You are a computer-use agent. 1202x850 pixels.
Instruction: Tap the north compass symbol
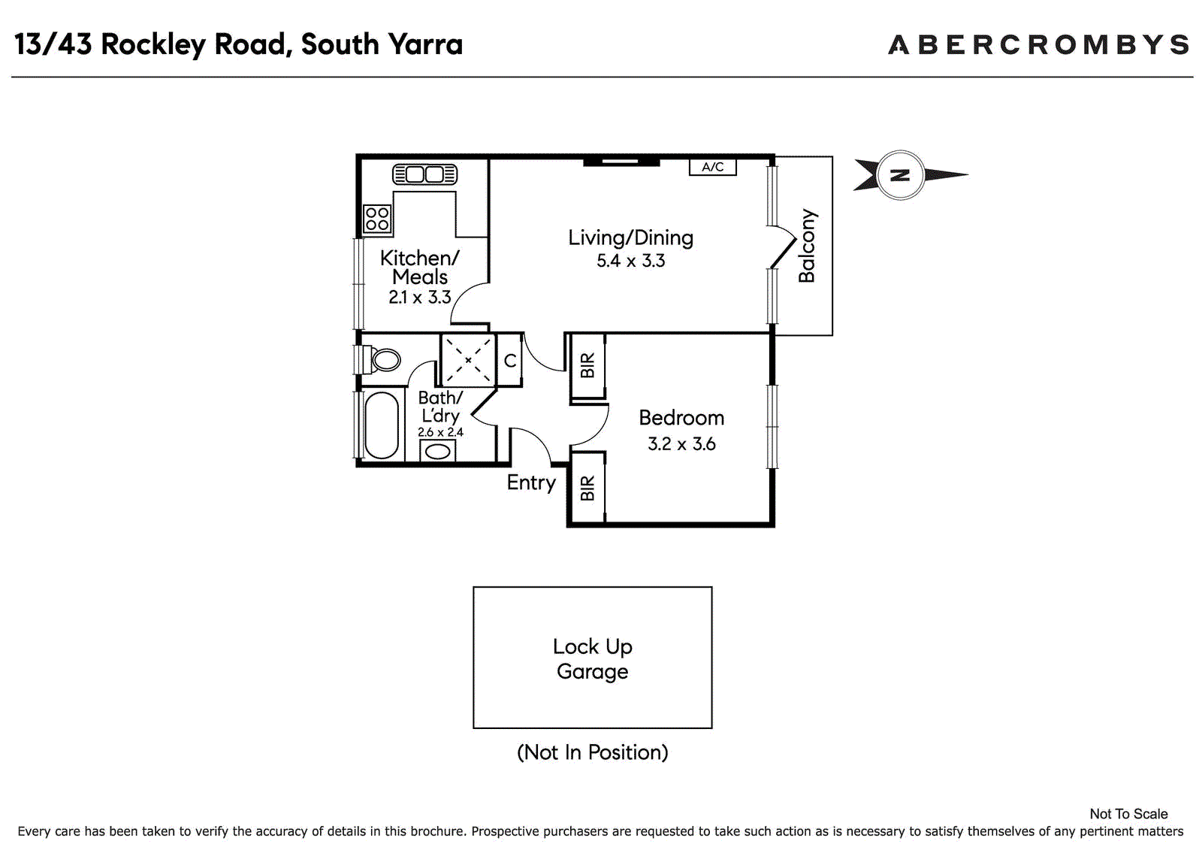point(910,175)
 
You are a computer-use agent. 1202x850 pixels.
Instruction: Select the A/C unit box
point(713,167)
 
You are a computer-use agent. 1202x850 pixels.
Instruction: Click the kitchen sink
point(424,174)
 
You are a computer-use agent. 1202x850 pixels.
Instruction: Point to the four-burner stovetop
point(377,219)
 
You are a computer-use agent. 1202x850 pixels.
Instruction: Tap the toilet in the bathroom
point(382,359)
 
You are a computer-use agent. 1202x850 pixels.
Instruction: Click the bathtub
point(382,425)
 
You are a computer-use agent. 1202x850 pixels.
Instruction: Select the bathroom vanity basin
point(437,451)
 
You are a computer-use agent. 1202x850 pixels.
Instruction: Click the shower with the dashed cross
point(468,360)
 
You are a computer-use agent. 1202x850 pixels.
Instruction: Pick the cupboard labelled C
point(510,360)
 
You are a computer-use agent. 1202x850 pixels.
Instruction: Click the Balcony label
point(807,246)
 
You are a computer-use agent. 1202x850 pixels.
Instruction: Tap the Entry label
point(531,482)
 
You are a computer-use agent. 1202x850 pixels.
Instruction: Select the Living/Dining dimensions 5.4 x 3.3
point(630,261)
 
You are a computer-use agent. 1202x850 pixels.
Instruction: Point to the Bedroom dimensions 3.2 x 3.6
point(681,444)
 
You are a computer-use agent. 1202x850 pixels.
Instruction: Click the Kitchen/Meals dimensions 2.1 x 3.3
point(420,297)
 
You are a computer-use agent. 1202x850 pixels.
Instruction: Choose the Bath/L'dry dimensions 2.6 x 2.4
point(440,431)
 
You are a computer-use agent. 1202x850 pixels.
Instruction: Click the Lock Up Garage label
point(593,659)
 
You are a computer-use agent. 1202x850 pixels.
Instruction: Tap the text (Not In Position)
point(593,752)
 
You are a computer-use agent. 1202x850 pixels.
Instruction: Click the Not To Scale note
point(1128,814)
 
